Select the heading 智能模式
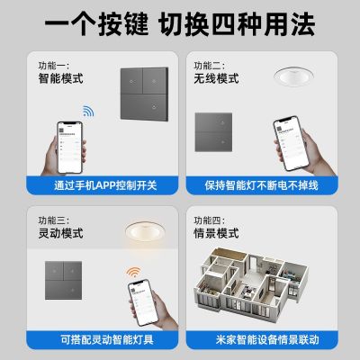tap(48, 80)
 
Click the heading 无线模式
tap(215, 80)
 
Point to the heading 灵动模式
tap(48, 233)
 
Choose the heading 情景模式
tap(215, 233)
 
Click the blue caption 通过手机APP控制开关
tap(94, 186)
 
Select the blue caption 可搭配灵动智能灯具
tap(94, 339)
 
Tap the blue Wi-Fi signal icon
tap(89, 112)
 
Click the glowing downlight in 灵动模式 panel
tap(147, 231)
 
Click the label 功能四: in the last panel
tap(202, 219)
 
